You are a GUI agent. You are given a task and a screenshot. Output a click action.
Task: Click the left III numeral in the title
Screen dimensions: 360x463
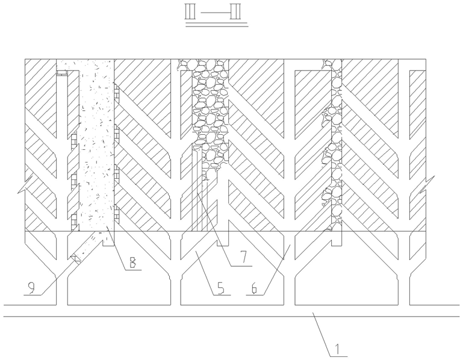coord(193,12)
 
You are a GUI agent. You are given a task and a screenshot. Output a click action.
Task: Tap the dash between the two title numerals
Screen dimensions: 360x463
coord(214,12)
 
